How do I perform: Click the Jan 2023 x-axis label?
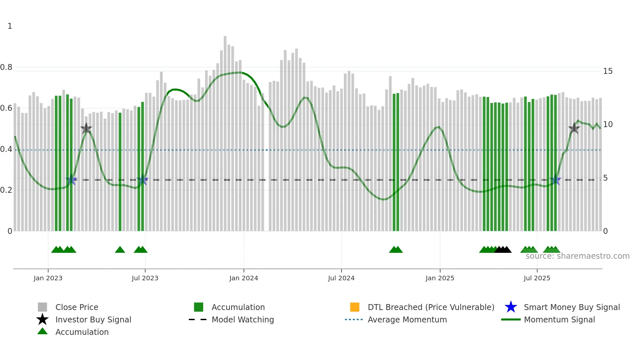pos(48,278)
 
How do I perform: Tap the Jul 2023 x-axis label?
pos(145,278)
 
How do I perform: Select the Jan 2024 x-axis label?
pos(244,278)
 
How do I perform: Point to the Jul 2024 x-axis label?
pos(341,278)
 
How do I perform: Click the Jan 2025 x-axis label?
pos(440,278)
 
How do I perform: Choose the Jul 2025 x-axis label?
pos(537,278)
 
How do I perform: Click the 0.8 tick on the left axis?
pos(6,67)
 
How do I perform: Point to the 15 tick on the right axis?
pos(608,71)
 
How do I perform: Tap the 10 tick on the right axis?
pos(608,124)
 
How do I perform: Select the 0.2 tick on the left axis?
pos(6,190)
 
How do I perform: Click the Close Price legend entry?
pos(77,307)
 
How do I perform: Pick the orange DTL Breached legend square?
pos(355,307)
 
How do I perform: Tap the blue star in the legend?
pos(511,307)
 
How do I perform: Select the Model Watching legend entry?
pos(243,319)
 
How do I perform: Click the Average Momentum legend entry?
pos(407,319)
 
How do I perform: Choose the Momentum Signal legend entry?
pos(559,319)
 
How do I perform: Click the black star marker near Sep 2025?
pos(574,128)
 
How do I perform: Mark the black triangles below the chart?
pos(503,250)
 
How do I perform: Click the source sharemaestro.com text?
pos(577,256)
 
